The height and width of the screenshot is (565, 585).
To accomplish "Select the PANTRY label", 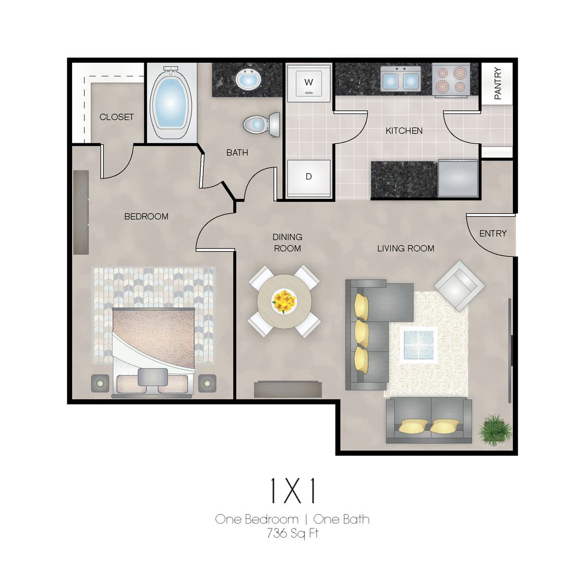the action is pos(498,83).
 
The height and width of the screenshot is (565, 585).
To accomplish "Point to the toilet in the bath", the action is pos(261,124).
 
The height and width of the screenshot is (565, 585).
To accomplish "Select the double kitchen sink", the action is pos(400,79).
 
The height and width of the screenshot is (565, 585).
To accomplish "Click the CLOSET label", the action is pos(117,117).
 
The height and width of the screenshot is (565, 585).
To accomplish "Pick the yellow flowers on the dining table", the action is pos(284,301).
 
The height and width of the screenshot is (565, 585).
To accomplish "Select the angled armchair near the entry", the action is pos(459,286).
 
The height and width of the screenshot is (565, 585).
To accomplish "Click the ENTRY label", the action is pos(493,233).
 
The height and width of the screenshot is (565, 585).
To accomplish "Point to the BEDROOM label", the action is pos(146,216).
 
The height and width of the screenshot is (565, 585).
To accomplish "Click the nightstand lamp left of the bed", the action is pos(100,383).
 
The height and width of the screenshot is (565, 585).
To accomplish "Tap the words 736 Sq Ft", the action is pos(293,533).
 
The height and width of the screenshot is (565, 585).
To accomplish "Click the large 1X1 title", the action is pos(293,491).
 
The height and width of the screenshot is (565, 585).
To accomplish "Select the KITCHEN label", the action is pos(404,131).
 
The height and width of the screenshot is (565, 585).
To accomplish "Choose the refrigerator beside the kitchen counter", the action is pos(458,178).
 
